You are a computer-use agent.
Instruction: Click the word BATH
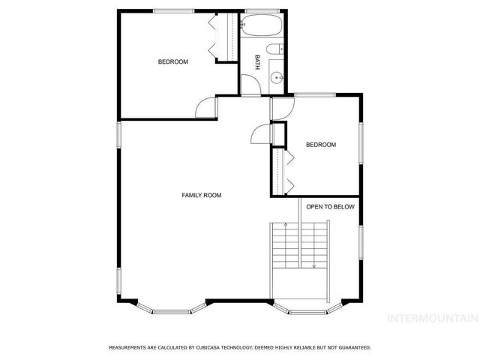258,61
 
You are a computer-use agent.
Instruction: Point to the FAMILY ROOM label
202,195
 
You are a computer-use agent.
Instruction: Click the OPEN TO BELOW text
329,207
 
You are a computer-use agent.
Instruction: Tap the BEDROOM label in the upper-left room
172,61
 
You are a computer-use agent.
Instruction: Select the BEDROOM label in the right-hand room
320,145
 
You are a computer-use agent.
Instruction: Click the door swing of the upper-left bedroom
205,109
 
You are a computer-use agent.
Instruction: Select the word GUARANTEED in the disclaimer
351,348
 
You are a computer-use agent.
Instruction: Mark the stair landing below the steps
300,286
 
